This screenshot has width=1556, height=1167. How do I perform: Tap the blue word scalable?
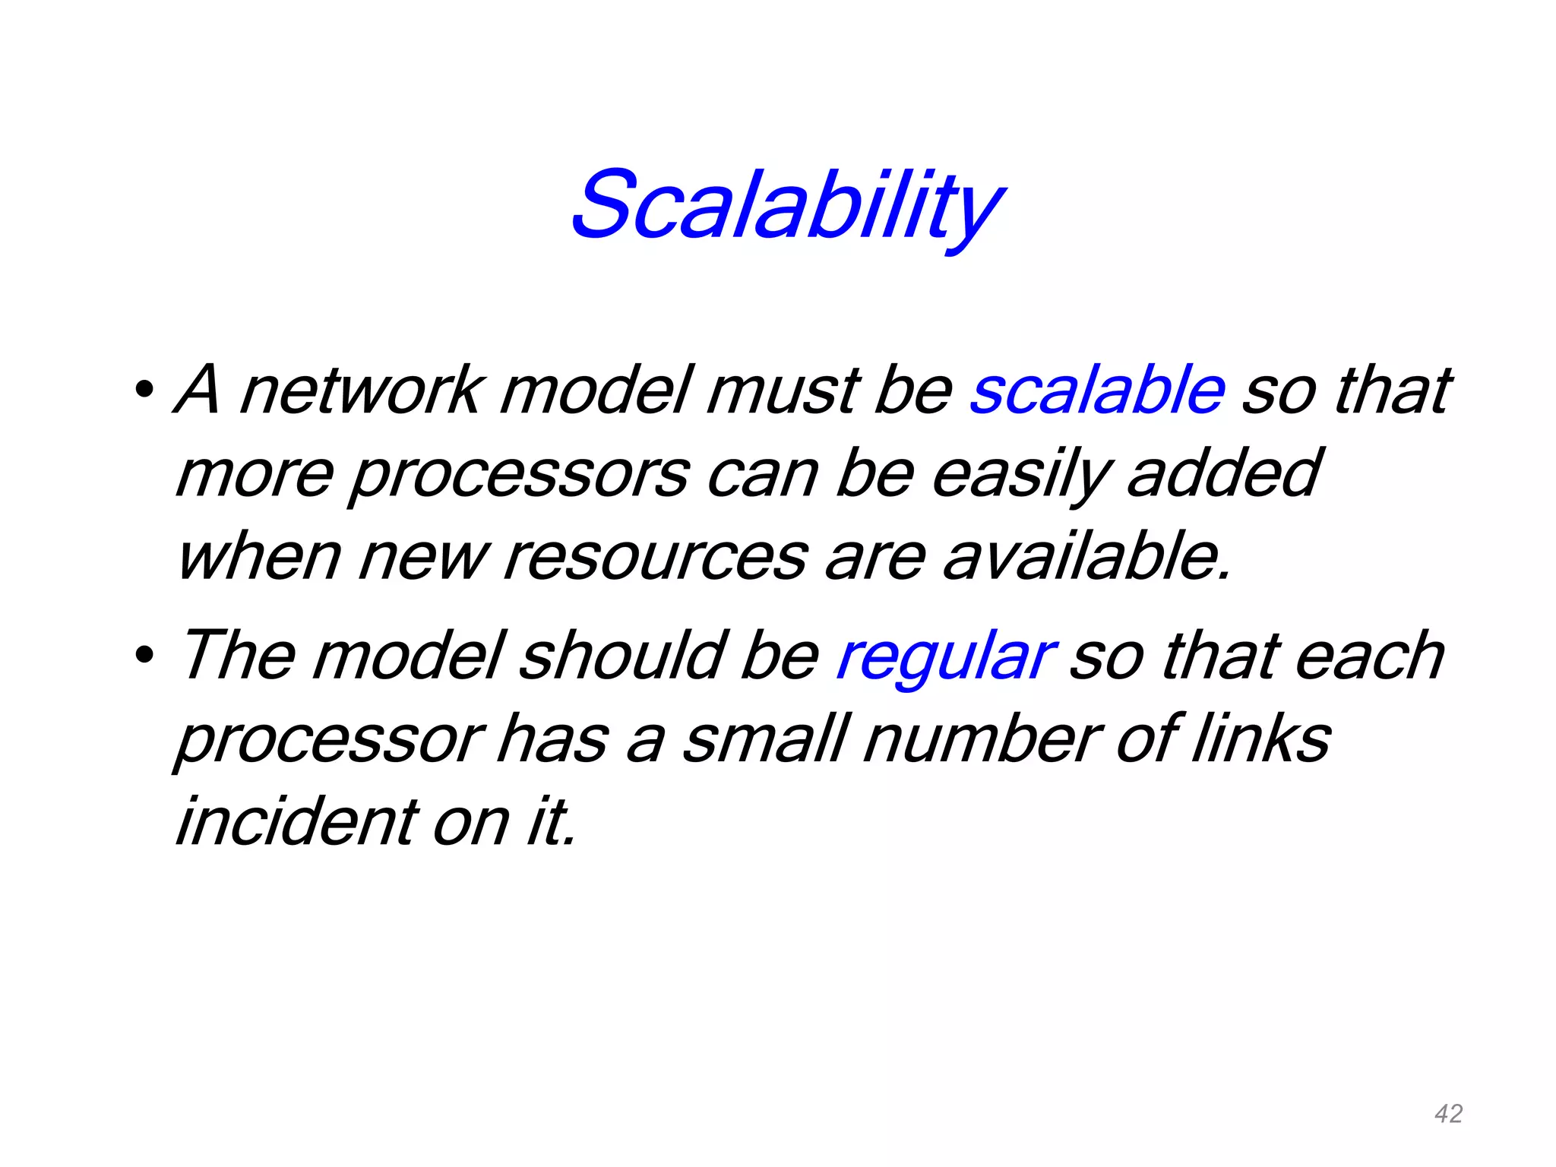tap(1096, 391)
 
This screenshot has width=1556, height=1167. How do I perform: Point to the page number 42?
tap(1448, 1114)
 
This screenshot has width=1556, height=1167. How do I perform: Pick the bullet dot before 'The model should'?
tap(143, 654)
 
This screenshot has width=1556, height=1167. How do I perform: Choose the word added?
tap(1223, 475)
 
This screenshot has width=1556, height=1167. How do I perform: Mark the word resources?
tap(655, 558)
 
